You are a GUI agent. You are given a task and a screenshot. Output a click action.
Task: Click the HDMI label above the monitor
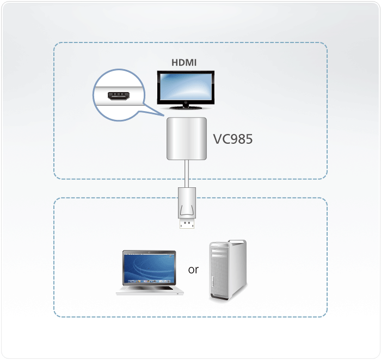point(184,63)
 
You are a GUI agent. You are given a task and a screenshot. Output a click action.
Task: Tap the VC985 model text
point(232,139)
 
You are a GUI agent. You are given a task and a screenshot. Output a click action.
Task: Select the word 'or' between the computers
point(193,270)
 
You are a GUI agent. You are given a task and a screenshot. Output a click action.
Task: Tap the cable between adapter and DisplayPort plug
point(186,173)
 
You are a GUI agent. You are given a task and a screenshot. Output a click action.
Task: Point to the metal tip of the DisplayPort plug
point(186,223)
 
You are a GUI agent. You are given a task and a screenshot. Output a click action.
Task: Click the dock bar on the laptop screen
point(149,279)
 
